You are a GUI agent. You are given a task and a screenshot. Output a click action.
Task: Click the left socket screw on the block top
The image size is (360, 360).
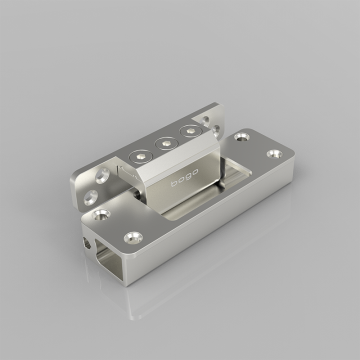tap(140, 158)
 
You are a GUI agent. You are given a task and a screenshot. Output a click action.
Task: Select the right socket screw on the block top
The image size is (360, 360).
tap(186, 132)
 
